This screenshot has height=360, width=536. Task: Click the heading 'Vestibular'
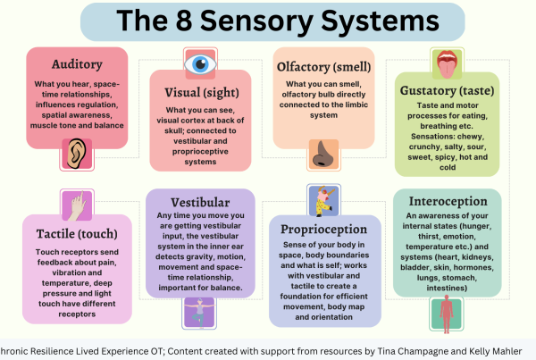[x=199, y=202]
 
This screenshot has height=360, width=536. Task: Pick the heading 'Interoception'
[x=447, y=201]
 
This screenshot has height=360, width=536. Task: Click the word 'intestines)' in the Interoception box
[x=446, y=289]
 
